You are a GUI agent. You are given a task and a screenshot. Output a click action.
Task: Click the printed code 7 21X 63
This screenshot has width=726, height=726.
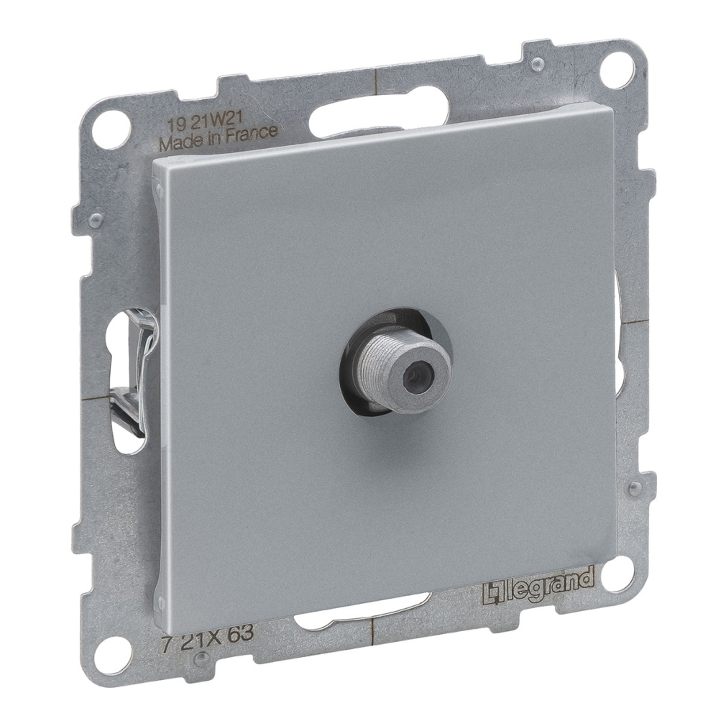tap(207, 633)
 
